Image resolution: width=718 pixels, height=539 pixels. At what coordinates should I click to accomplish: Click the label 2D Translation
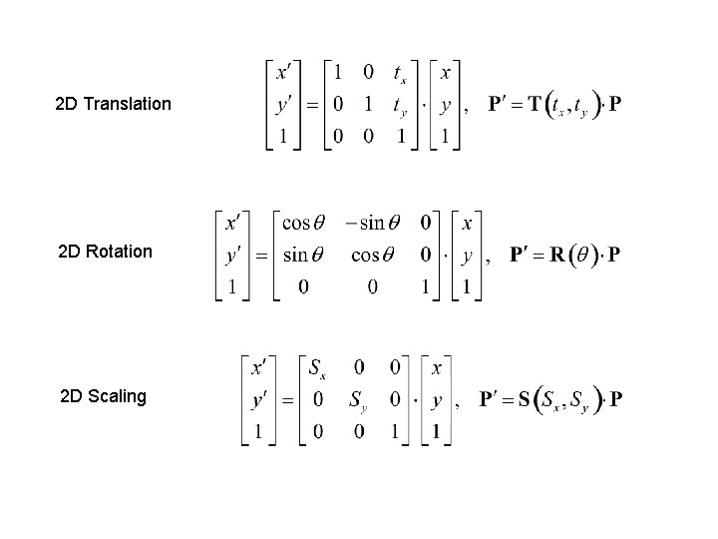(114, 104)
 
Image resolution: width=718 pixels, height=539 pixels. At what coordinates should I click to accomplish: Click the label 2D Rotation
(106, 252)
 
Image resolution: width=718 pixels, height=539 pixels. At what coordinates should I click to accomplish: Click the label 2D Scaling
(103, 396)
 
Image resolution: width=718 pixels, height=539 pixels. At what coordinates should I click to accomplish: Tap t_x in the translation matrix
(399, 73)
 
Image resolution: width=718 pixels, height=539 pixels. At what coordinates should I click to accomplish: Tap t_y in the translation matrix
(399, 104)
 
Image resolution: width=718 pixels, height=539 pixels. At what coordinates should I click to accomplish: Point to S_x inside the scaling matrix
(318, 369)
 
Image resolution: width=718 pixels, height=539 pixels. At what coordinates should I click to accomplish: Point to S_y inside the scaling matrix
(357, 401)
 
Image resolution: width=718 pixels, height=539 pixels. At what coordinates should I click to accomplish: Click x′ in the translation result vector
(284, 72)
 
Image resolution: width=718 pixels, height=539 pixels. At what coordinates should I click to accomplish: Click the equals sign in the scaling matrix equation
(287, 401)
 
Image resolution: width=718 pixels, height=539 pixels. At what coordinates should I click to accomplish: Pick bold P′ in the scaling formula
(491, 400)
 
